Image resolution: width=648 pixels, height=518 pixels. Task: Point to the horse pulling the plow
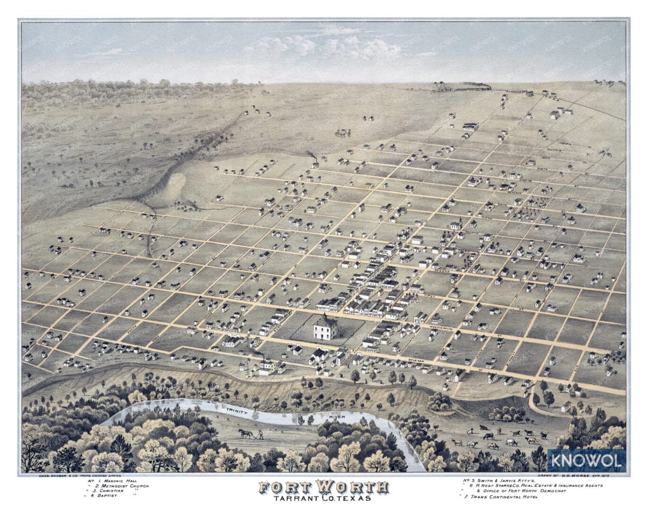245,432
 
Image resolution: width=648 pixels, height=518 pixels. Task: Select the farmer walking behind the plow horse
260,434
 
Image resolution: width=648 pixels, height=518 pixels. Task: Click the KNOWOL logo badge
586,460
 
